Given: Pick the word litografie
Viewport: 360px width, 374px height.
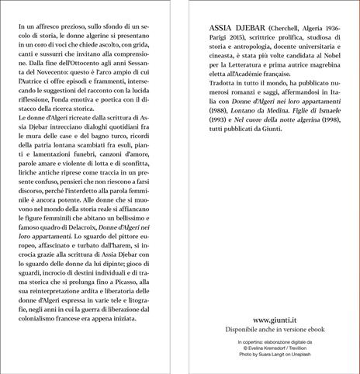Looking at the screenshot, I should (x=147, y=303).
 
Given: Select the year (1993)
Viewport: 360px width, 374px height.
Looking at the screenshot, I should (x=223, y=140).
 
